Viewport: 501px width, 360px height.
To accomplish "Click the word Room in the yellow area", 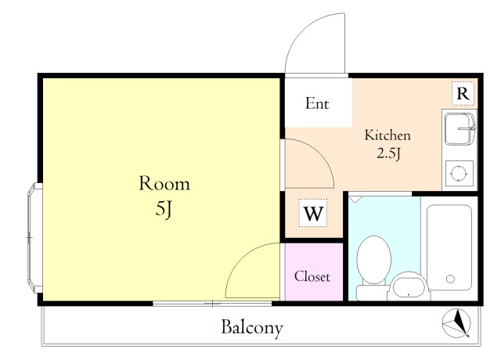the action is pyautogui.click(x=164, y=183).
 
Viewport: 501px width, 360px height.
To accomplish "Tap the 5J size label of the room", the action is pyautogui.click(x=164, y=209).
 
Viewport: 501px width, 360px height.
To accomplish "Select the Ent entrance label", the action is pyautogui.click(x=317, y=103).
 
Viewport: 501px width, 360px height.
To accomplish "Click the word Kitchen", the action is pyautogui.click(x=387, y=135).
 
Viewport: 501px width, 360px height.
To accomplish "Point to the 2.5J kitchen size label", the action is pyautogui.click(x=389, y=153).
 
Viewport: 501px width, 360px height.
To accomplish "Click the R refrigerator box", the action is pyautogui.click(x=463, y=94).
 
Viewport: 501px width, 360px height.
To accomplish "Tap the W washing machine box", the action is pyautogui.click(x=313, y=213).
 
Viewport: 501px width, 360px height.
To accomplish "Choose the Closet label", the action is pyautogui.click(x=312, y=276).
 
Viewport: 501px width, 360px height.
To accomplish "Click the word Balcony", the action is pyautogui.click(x=252, y=327).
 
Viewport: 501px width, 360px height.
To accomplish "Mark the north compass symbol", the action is pyautogui.click(x=456, y=323).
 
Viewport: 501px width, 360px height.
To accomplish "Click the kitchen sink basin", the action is pyautogui.click(x=460, y=128).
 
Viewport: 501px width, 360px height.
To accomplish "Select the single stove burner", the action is pyautogui.click(x=460, y=174).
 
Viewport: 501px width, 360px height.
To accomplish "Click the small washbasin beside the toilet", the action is pyautogui.click(x=409, y=286).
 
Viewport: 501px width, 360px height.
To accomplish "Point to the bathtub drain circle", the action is pyautogui.click(x=451, y=279).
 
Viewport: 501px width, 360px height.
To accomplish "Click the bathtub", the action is pyautogui.click(x=449, y=248).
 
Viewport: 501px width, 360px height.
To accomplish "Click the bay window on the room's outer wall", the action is pyautogui.click(x=34, y=238).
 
